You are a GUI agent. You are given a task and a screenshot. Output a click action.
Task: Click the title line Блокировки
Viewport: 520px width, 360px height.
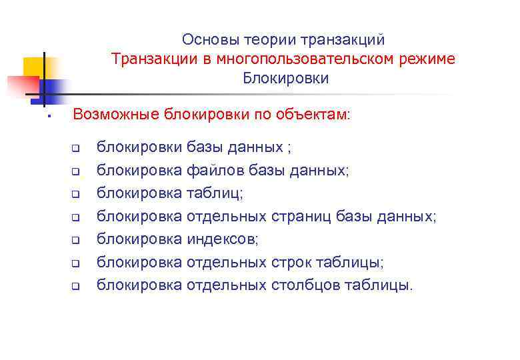(285, 79)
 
